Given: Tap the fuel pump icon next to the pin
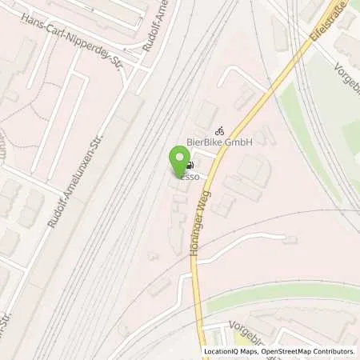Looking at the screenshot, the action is [x=188, y=167].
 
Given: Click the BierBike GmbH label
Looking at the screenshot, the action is [x=219, y=142].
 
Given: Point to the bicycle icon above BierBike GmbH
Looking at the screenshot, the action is [x=219, y=130].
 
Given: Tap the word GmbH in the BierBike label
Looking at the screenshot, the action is [x=238, y=142].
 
